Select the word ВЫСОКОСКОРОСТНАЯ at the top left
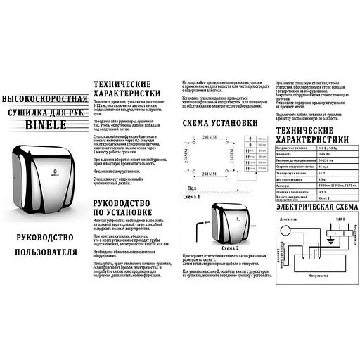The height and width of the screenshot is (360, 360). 44,96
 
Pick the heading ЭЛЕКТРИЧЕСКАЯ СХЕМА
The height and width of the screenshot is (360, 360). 311,209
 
